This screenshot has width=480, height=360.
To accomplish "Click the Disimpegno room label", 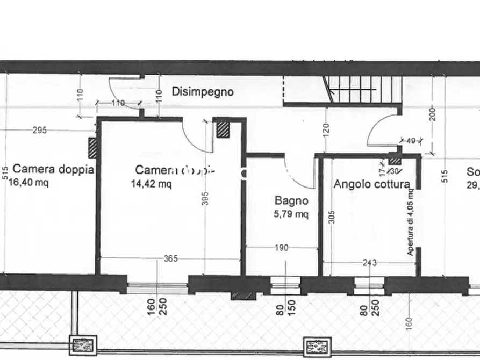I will (x=203, y=92).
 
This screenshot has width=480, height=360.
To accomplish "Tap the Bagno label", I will (x=291, y=201).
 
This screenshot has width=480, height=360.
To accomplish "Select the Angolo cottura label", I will (x=371, y=184).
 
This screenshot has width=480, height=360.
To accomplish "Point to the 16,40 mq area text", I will (x=28, y=183).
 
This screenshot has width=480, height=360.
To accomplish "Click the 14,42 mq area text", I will (x=152, y=184).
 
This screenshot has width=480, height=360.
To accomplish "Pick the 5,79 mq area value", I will (x=291, y=214).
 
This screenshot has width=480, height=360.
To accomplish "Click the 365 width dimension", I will (x=171, y=259).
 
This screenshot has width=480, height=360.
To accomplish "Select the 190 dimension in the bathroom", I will (x=281, y=248).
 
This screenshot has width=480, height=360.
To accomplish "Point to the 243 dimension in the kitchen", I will (x=369, y=263).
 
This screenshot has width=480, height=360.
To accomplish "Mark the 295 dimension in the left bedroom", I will (x=39, y=130).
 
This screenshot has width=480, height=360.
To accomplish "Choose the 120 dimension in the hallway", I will (x=326, y=130).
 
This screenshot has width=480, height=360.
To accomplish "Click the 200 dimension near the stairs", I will (x=432, y=113).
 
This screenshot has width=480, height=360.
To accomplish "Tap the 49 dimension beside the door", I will (x=411, y=141).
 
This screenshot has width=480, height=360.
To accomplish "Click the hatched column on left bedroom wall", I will (x=92, y=148).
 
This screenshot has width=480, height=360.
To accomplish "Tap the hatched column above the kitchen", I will (x=395, y=160).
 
